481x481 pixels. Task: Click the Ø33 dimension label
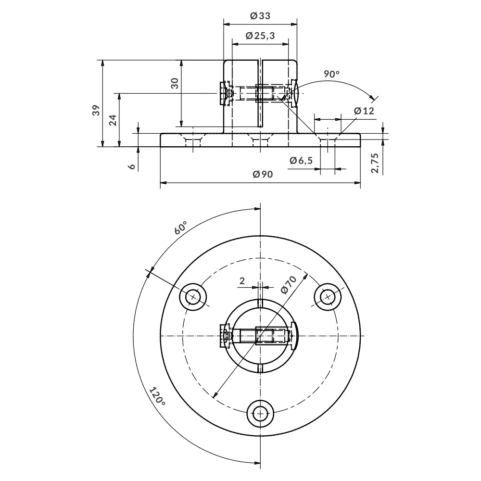(260, 16)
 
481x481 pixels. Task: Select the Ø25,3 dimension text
(260, 36)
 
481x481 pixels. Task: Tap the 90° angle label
(331, 74)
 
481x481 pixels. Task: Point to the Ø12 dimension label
(364, 111)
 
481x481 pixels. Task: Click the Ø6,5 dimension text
(301, 161)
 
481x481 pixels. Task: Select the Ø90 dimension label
(263, 175)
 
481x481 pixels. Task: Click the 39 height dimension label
(96, 110)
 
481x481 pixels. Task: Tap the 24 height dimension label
(113, 120)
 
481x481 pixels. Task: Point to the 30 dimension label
(175, 83)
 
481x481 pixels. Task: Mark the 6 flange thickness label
(131, 166)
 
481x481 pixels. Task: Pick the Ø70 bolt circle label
(287, 284)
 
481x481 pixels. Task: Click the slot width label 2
(242, 280)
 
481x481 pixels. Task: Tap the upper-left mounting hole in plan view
(193, 297)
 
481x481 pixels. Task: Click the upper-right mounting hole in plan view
(328, 297)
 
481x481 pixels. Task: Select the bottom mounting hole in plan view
(261, 413)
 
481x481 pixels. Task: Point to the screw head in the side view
(224, 93)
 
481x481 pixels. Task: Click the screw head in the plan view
(224, 336)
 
